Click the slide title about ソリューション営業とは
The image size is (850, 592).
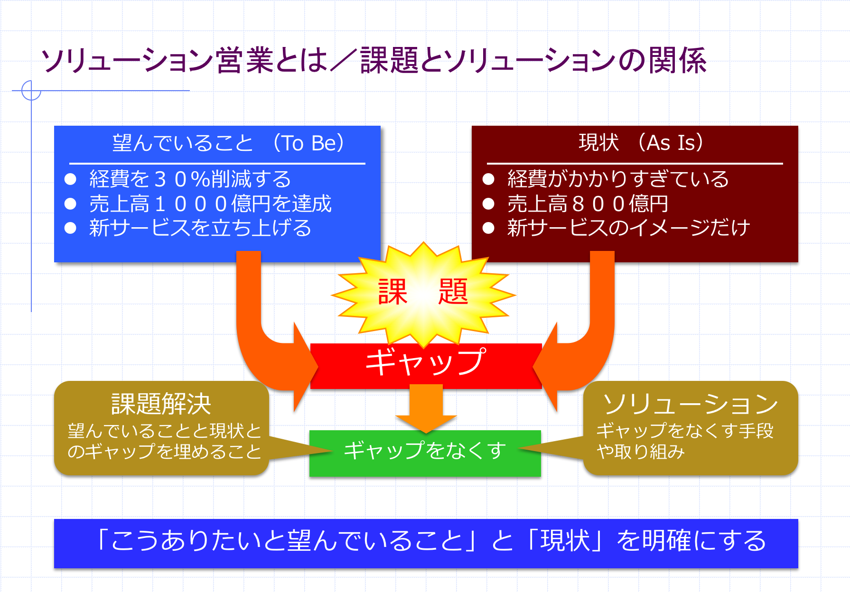[374, 61]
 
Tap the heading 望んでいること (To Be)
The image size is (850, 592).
[228, 143]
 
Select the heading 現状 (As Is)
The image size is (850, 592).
[641, 142]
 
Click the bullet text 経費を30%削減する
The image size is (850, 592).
[190, 179]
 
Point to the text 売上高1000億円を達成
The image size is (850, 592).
[210, 204]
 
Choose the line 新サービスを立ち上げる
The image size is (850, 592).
[200, 228]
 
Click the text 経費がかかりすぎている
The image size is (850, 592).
[618, 179]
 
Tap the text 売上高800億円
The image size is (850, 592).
[588, 204]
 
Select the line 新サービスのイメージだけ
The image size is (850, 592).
[628, 228]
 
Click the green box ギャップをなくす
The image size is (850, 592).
[425, 451]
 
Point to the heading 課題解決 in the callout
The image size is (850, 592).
[161, 404]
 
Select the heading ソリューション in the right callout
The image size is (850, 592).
[691, 404]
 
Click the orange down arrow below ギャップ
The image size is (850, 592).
[426, 408]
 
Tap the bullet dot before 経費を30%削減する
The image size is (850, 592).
[71, 179]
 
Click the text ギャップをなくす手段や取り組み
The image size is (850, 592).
[685, 441]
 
